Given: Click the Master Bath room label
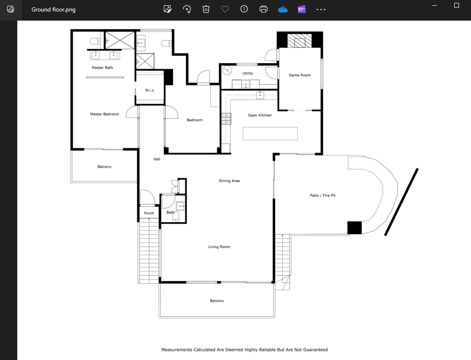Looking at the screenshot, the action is pyautogui.click(x=103, y=67).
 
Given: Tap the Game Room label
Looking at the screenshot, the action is pyautogui.click(x=300, y=75).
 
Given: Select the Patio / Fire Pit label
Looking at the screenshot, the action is pyautogui.click(x=322, y=195).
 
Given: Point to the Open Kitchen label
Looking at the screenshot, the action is pyautogui.click(x=260, y=115).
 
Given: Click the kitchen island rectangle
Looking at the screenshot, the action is pyautogui.click(x=270, y=134).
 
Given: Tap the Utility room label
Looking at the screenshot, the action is pyautogui.click(x=248, y=73).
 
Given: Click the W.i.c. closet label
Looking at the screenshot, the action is pyautogui.click(x=150, y=90).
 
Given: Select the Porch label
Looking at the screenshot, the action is pyautogui.click(x=149, y=213).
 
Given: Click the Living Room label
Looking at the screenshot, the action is pyautogui.click(x=219, y=247).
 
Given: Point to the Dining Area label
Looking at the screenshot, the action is pyautogui.click(x=229, y=180).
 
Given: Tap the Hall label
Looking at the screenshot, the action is pyautogui.click(x=157, y=159).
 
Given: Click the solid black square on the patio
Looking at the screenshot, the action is pyautogui.click(x=355, y=228).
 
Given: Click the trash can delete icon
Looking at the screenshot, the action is pyautogui.click(x=206, y=9).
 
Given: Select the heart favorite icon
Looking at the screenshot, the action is pyautogui.click(x=225, y=9).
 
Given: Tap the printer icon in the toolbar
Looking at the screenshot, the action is pyautogui.click(x=264, y=9).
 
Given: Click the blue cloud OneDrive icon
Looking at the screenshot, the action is pyautogui.click(x=283, y=10).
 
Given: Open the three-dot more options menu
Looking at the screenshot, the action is pyautogui.click(x=321, y=10).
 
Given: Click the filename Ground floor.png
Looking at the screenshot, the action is pyautogui.click(x=54, y=10).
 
